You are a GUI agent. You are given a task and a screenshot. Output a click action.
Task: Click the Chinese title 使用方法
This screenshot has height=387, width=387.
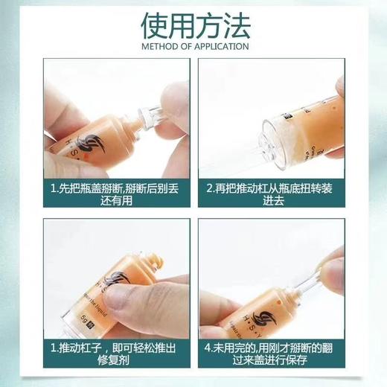pyautogui.click(x=193, y=25)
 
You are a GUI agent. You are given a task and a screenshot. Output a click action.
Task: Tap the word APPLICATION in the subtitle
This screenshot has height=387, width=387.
pyautogui.click(x=220, y=46)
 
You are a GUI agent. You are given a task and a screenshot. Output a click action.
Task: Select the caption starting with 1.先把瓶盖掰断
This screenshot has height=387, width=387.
pyautogui.click(x=116, y=196)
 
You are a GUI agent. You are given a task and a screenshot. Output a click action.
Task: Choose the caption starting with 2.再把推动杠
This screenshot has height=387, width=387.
pyautogui.click(x=271, y=196)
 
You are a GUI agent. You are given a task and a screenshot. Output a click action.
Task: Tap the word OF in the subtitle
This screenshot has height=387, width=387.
pyautogui.click(x=185, y=46)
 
